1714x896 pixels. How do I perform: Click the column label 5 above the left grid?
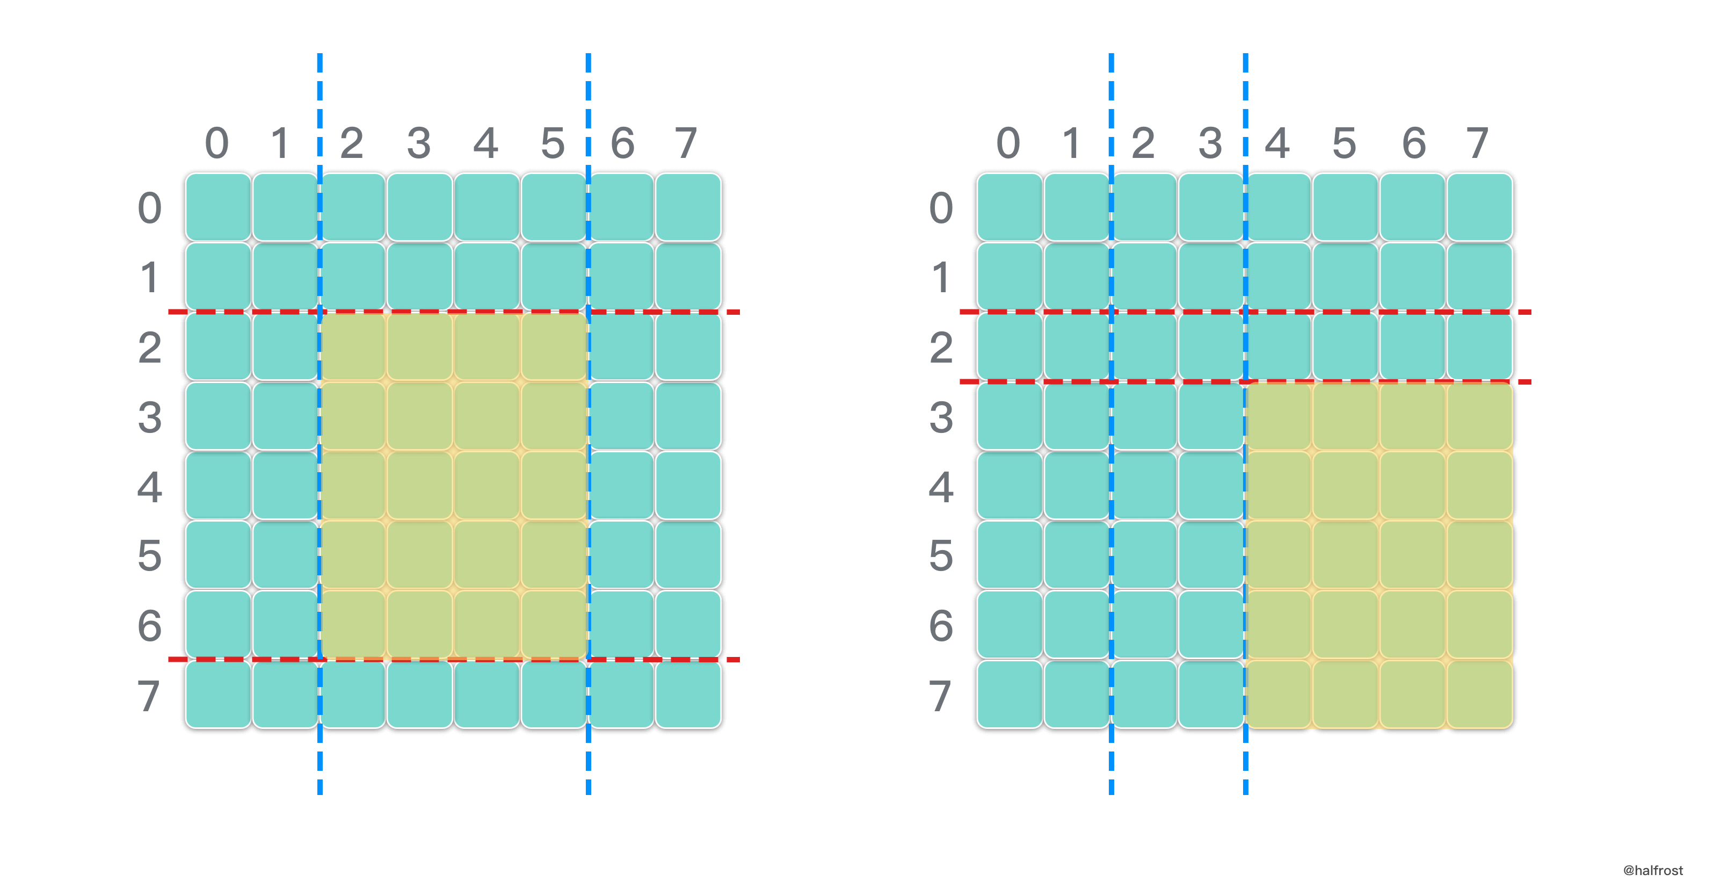tap(553, 143)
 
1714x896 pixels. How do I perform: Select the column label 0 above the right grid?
tap(1008, 143)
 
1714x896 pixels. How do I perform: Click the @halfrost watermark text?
tap(1653, 870)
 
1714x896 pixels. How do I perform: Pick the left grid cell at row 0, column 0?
tap(218, 207)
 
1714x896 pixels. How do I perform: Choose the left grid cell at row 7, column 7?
tap(688, 695)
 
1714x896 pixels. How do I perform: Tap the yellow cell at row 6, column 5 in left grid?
tap(554, 624)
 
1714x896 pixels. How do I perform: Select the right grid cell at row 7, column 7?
tap(1479, 695)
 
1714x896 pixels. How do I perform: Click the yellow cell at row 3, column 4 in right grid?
tap(1278, 417)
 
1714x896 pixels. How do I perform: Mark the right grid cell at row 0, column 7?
tap(1479, 207)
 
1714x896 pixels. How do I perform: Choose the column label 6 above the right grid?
tap(1413, 143)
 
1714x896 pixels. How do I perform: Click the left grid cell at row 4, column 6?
tap(621, 485)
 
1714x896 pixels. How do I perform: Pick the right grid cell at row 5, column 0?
tap(1009, 555)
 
